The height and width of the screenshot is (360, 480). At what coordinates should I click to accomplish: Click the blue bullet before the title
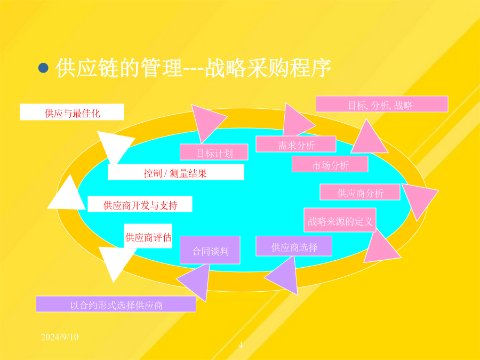coord(43,68)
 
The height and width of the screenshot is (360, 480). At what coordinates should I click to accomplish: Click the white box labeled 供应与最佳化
coord(72,112)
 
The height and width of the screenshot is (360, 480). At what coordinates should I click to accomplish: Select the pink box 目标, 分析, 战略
coord(382,104)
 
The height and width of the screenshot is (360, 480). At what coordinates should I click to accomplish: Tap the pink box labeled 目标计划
coord(214,152)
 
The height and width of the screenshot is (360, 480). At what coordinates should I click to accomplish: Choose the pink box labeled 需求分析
coord(296,144)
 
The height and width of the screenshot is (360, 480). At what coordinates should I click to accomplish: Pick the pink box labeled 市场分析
coord(330,164)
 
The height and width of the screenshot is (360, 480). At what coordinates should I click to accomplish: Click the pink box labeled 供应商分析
coord(360,192)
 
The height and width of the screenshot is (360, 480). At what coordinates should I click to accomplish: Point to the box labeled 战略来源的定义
coord(340,220)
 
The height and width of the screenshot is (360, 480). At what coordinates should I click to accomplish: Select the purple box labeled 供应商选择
coord(294,246)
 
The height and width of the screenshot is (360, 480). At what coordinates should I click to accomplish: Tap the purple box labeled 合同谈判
coord(210,250)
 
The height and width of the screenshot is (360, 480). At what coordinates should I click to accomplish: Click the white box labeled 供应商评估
coord(148,236)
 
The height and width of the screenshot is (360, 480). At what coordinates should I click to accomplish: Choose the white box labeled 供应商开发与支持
coord(140,204)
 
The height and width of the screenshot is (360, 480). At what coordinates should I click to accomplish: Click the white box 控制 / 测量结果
coord(176,172)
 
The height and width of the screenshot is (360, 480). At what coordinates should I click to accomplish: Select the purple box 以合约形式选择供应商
coord(116,304)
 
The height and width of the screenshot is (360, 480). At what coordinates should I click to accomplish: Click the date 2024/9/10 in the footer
coord(60,337)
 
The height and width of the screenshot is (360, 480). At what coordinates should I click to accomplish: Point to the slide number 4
coord(241,345)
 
